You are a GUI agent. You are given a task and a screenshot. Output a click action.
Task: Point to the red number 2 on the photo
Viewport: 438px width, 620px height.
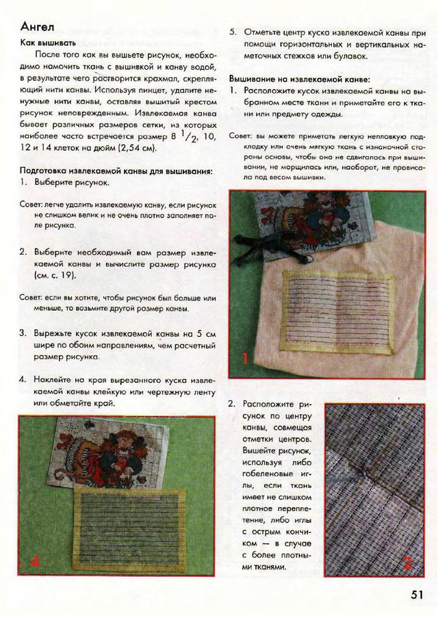tap(407, 563)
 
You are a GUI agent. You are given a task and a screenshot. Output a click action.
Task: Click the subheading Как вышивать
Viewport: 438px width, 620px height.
tap(48, 43)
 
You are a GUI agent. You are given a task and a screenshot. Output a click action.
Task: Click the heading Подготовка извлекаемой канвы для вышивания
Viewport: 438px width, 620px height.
tap(116, 170)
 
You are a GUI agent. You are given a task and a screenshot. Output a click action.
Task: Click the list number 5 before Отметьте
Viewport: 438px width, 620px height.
tap(233, 31)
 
